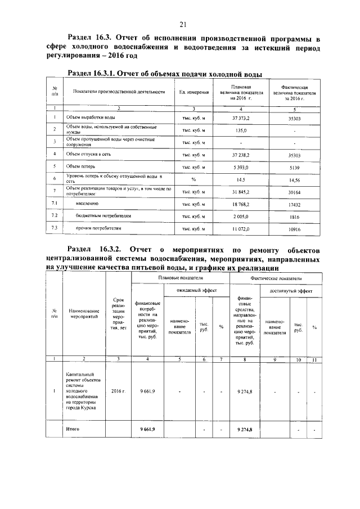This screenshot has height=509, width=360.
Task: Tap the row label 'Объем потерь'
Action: click(80, 166)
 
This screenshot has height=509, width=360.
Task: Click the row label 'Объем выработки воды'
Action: click(91, 118)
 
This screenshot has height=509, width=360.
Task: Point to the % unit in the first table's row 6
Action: click(193, 179)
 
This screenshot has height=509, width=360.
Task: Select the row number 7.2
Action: click(55, 216)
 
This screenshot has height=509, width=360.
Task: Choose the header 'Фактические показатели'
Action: click(275, 278)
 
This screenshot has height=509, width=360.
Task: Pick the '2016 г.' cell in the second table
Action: click(118, 390)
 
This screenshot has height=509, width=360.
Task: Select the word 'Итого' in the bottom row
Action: click(72, 429)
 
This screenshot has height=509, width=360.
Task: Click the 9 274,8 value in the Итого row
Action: click(245, 429)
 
